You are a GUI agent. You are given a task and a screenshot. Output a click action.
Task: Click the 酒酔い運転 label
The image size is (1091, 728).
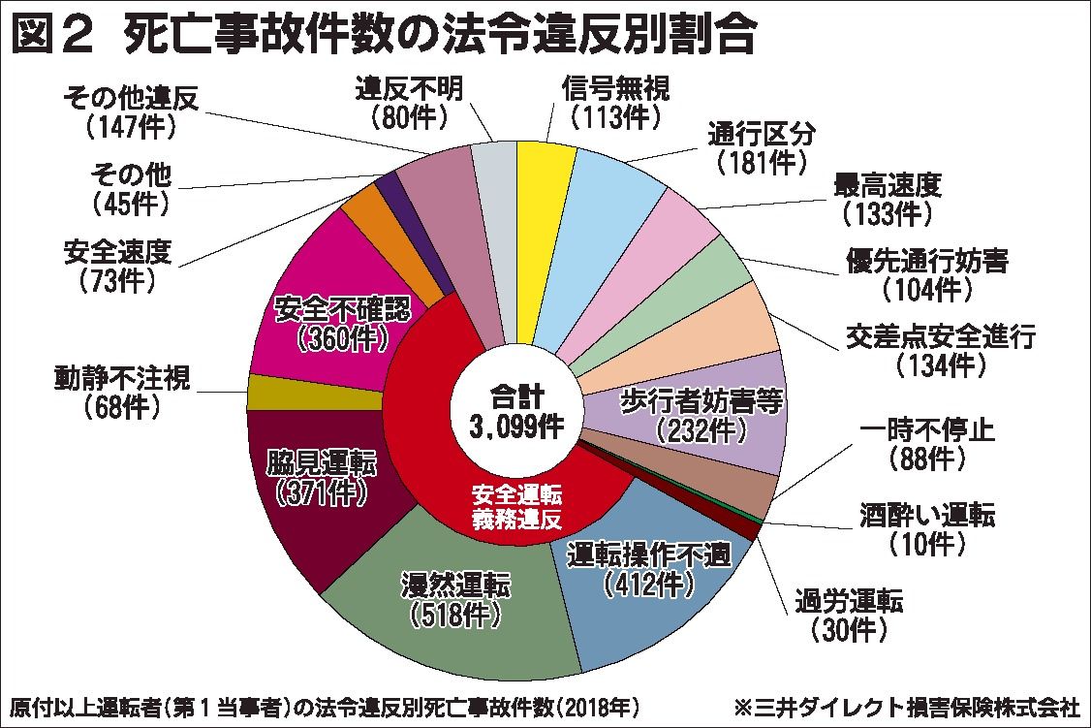[926, 515]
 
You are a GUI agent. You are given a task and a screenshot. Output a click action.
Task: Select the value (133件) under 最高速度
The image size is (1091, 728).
[886, 209]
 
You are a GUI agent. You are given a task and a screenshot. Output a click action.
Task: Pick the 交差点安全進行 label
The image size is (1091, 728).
[941, 337]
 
